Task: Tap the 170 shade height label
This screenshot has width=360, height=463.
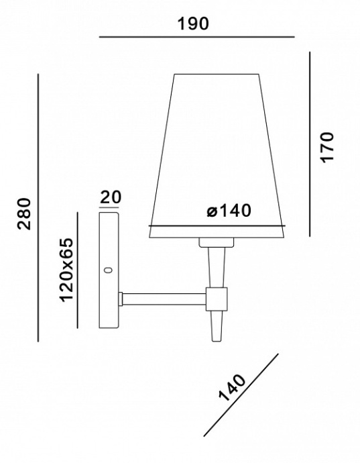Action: click(x=326, y=147)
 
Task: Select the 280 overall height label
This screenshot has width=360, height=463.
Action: click(x=25, y=213)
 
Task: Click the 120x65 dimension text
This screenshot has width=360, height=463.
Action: click(x=66, y=269)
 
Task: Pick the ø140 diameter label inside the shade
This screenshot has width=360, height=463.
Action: click(x=229, y=211)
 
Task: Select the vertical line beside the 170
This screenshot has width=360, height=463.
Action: click(x=310, y=144)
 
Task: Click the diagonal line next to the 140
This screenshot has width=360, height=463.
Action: click(x=240, y=395)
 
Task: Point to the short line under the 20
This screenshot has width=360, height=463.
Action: click(x=110, y=207)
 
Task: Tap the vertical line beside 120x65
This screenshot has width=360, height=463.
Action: click(x=78, y=270)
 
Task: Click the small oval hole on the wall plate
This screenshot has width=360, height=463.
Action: click(x=107, y=270)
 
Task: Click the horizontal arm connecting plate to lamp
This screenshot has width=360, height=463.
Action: click(x=163, y=297)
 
